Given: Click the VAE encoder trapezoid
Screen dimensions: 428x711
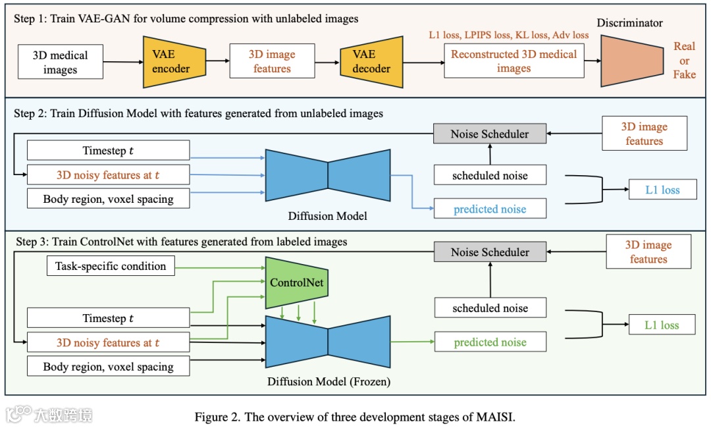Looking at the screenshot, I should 171,62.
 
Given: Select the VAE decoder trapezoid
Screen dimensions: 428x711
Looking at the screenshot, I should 372,62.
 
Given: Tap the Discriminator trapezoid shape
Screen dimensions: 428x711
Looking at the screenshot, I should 631,61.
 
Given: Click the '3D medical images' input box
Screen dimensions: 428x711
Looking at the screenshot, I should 60,62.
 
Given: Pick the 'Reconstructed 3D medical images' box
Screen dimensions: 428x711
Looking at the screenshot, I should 513,61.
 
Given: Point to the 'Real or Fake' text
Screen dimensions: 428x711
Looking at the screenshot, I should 684,61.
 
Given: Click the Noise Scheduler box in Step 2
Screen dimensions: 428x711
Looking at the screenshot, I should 490,134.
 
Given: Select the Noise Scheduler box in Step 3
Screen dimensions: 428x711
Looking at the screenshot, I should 490,252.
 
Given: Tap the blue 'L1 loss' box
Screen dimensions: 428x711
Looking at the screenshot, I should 662,190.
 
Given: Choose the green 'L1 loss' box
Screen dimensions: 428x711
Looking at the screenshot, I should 662,325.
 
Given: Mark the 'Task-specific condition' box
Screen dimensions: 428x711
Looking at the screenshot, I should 111,266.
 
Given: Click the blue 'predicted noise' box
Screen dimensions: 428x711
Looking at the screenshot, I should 490,209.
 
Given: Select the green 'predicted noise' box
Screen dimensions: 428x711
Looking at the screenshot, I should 490,342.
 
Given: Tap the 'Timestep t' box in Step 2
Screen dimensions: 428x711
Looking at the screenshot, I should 108,150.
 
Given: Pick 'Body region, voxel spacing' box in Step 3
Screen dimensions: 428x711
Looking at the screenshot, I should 108,367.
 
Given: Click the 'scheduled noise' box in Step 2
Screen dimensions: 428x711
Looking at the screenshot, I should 490,175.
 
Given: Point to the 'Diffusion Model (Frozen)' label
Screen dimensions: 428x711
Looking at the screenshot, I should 329,381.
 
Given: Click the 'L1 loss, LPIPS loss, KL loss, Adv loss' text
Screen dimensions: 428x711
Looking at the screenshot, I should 508,35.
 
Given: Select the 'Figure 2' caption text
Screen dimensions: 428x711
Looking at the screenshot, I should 355,417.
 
